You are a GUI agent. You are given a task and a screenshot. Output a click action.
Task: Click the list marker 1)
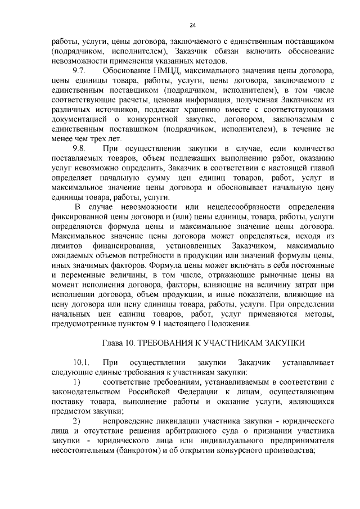(x=77, y=382)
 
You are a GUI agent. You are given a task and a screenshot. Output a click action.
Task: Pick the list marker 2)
(x=77, y=421)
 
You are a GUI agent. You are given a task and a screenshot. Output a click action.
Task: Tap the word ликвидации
(x=174, y=421)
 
